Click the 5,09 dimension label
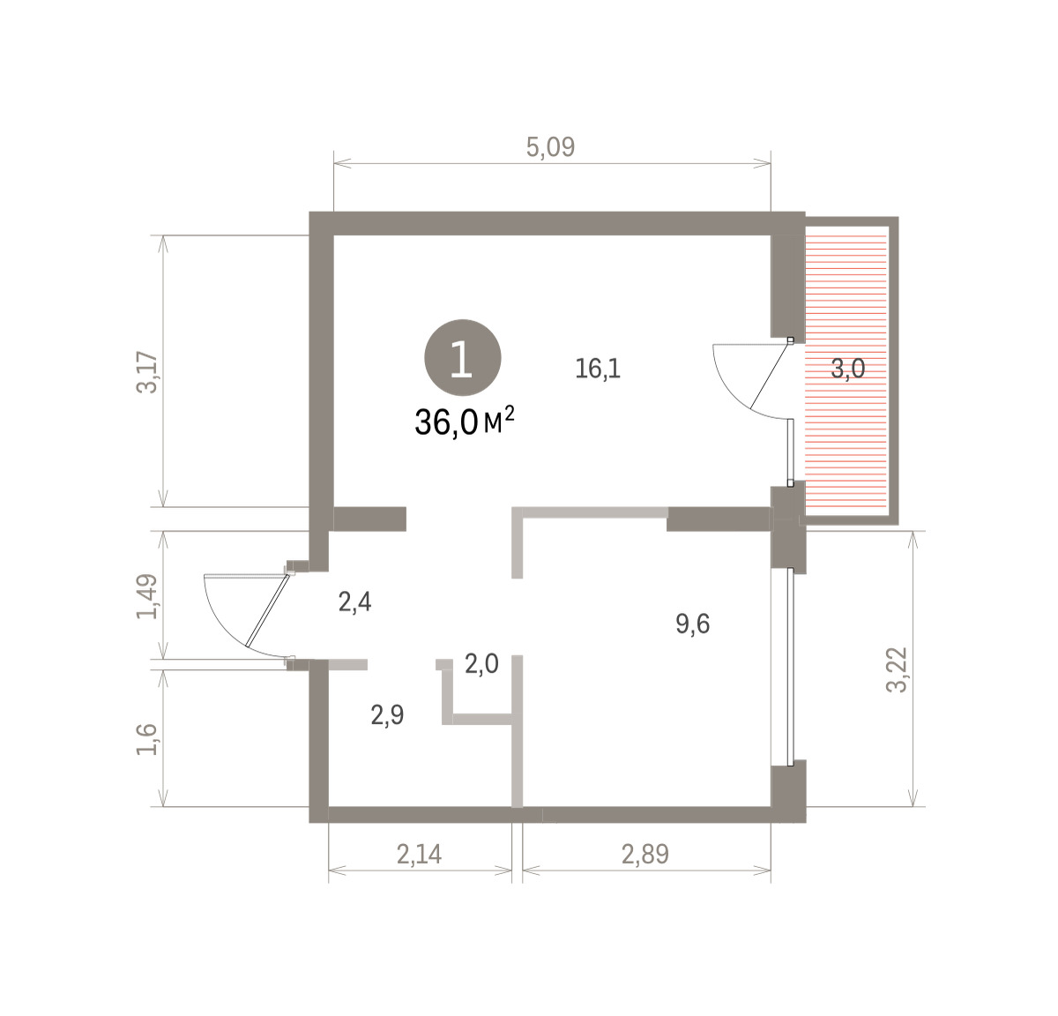click(x=550, y=147)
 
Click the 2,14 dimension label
click(x=419, y=854)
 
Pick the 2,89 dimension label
click(x=644, y=854)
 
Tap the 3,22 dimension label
click(x=897, y=669)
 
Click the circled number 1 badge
click(x=463, y=358)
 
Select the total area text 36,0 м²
click(x=465, y=422)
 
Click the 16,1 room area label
click(x=598, y=369)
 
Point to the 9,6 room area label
click(x=693, y=624)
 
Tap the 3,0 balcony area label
click(x=848, y=369)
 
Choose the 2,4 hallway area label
click(x=354, y=602)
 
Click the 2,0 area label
click(x=481, y=663)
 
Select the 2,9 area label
click(x=387, y=714)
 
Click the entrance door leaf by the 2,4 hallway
click(x=267, y=609)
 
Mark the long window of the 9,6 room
click(x=791, y=666)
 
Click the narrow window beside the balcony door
click(x=791, y=452)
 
